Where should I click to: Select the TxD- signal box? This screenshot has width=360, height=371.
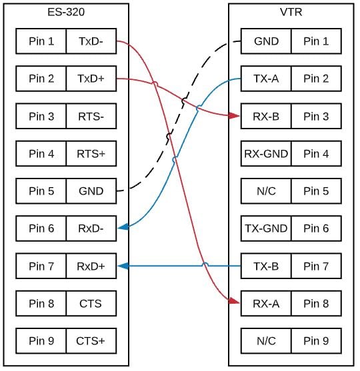91,41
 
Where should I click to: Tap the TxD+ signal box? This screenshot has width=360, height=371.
91,79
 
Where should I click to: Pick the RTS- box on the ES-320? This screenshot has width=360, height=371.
91,117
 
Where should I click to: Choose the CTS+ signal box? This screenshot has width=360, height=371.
91,342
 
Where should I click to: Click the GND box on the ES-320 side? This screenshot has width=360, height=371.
91,191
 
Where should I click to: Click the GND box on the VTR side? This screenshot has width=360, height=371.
266,41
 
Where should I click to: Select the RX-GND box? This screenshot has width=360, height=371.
266,154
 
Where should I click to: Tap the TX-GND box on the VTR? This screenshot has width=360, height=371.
266,228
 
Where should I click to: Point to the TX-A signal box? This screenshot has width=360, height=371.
266,79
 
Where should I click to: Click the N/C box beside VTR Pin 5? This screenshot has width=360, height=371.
266,191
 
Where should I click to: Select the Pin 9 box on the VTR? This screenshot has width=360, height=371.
316,342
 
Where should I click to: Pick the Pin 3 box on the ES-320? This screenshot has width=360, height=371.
41,117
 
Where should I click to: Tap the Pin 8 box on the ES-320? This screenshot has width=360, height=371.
41,304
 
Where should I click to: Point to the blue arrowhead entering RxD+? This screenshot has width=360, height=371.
123,266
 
